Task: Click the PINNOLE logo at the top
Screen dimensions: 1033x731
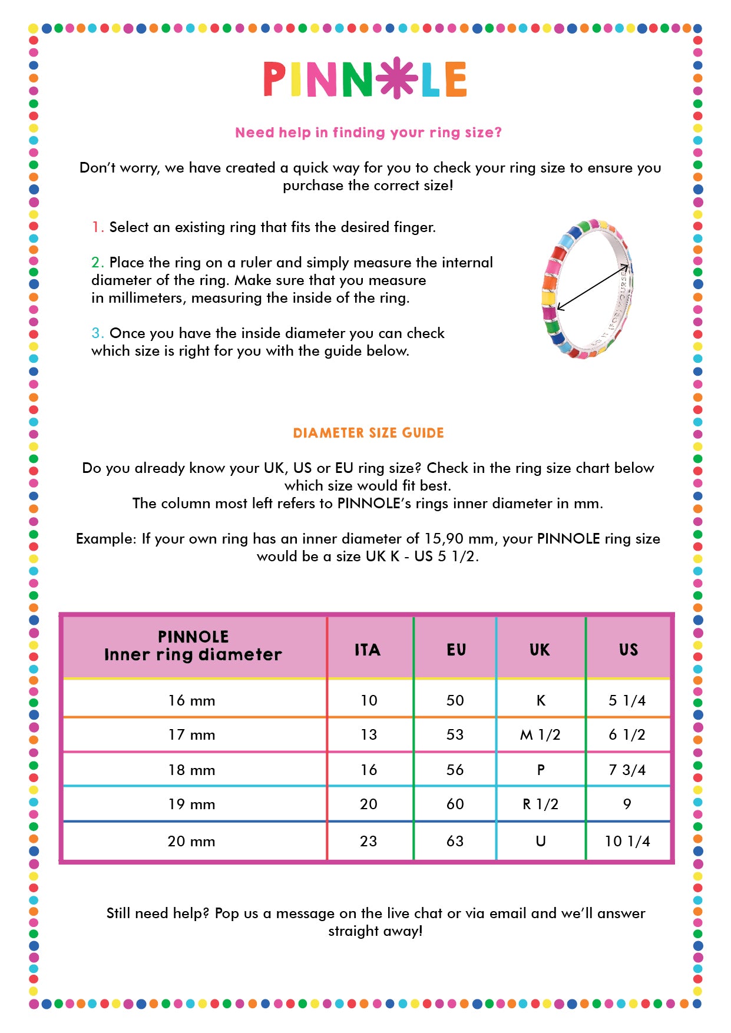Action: click(x=365, y=79)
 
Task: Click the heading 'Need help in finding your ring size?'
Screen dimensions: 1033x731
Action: click(x=368, y=133)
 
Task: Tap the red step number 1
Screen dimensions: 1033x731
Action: click(x=97, y=227)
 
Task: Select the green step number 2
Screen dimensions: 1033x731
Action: click(x=97, y=263)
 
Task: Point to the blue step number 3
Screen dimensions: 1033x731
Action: click(x=97, y=333)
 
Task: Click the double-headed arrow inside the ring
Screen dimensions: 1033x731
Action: click(x=592, y=287)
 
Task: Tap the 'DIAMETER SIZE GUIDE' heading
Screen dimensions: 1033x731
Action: click(x=368, y=433)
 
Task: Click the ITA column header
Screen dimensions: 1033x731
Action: click(x=368, y=650)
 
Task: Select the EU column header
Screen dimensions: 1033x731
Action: click(x=456, y=650)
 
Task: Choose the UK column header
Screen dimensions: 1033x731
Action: click(x=540, y=650)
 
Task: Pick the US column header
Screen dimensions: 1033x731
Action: click(x=629, y=650)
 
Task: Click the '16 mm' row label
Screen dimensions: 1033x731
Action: click(x=191, y=701)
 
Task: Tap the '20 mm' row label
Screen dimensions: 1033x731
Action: click(x=191, y=842)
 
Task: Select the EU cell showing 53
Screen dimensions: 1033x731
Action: click(x=455, y=735)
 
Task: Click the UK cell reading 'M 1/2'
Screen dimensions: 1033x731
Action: click(x=540, y=735)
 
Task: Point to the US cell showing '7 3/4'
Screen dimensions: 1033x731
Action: click(x=627, y=770)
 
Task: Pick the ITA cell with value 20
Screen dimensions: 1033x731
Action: click(x=369, y=804)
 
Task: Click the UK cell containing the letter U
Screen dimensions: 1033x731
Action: click(x=541, y=842)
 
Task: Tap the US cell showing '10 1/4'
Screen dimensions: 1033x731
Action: click(x=627, y=842)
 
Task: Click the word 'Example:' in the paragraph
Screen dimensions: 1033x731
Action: click(x=106, y=539)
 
